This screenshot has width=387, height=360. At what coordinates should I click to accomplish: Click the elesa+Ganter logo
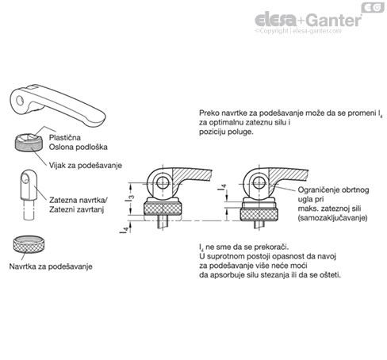(x=308, y=20)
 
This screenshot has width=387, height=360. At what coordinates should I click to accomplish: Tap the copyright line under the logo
(x=298, y=31)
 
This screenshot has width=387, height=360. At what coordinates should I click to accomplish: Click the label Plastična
(x=65, y=137)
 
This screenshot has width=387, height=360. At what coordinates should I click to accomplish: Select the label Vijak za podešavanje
(x=86, y=166)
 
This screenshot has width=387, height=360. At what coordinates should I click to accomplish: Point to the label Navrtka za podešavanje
(x=51, y=266)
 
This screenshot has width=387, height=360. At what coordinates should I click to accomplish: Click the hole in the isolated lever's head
(x=19, y=101)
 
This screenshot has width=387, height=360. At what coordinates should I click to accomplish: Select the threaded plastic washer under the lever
(x=29, y=142)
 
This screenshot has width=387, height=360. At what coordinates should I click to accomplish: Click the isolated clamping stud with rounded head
(x=29, y=194)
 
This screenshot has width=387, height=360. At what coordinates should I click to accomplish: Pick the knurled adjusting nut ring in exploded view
(x=29, y=244)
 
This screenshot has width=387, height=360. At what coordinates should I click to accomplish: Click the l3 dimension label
(x=130, y=198)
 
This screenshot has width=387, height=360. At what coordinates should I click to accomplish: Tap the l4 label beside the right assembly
(x=223, y=187)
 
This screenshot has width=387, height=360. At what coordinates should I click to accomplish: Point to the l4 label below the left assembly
(x=125, y=229)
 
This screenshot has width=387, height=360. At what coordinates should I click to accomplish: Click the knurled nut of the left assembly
(x=163, y=208)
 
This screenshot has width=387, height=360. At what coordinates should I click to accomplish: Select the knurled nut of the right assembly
(x=259, y=214)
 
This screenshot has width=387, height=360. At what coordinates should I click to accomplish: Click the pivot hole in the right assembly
(x=259, y=182)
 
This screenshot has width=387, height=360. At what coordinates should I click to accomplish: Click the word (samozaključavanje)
(x=333, y=218)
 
